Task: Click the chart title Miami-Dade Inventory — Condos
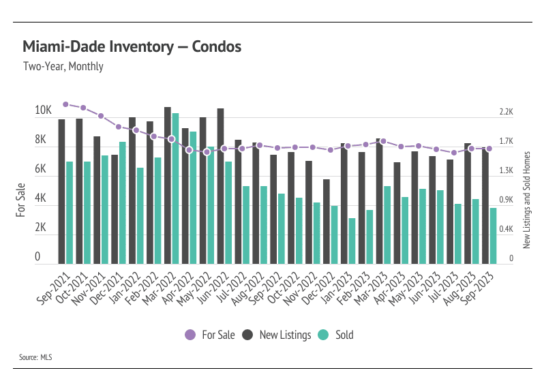pyautogui.click(x=132, y=47)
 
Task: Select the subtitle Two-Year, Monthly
pyautogui.click(x=63, y=67)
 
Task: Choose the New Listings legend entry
pyautogui.click(x=278, y=335)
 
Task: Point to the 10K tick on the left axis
pyautogui.click(x=44, y=110)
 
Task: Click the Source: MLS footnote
pyautogui.click(x=36, y=357)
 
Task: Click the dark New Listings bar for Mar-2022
pyautogui.click(x=168, y=185)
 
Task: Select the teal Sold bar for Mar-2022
pyautogui.click(x=176, y=189)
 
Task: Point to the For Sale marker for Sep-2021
pyautogui.click(x=65, y=104)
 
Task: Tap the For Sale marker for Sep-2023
pyautogui.click(x=489, y=149)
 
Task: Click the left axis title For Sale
pyautogui.click(x=20, y=200)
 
